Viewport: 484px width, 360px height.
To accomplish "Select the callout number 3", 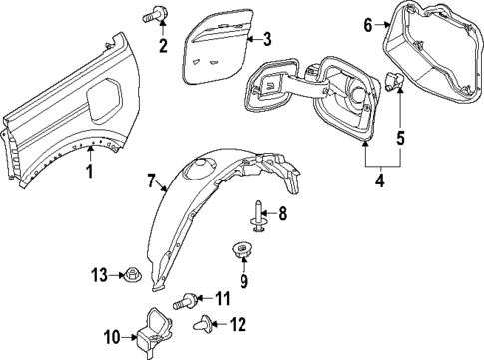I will (266, 40).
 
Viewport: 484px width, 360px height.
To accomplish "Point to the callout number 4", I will (378, 182).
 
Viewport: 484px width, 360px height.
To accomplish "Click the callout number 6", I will (367, 24).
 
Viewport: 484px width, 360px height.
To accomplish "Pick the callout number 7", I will (152, 181).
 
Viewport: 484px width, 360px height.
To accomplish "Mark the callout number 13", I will (99, 274).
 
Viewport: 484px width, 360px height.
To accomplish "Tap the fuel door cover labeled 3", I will (214, 47).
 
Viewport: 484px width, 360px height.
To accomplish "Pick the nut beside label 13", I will (131, 273).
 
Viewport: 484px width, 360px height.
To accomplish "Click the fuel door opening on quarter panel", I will (102, 98).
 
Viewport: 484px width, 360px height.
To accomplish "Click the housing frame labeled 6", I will (430, 50).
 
